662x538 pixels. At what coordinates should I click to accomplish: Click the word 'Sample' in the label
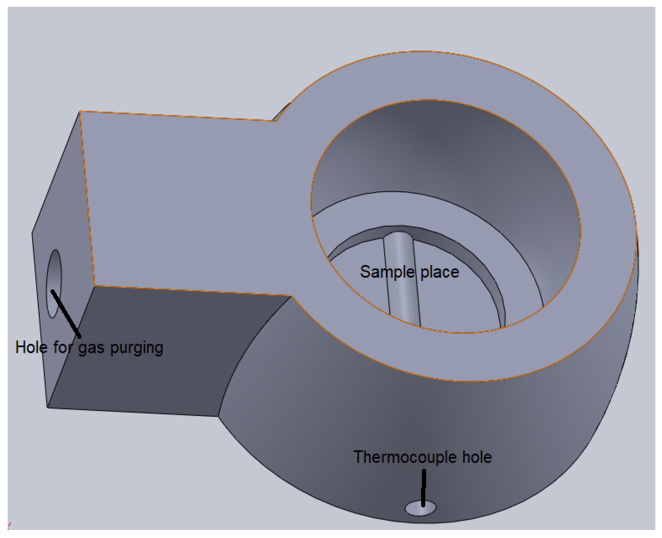pyautogui.click(x=387, y=272)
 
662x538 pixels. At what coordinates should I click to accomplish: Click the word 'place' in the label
pyautogui.click(x=439, y=272)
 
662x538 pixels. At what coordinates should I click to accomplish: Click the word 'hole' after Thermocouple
pyautogui.click(x=477, y=457)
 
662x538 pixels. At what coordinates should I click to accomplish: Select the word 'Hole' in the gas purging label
pyautogui.click(x=31, y=347)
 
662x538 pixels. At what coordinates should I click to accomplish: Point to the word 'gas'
pyautogui.click(x=91, y=348)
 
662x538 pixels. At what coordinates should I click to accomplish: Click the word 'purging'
pyautogui.click(x=137, y=348)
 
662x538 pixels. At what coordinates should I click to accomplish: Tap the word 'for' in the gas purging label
pyautogui.click(x=62, y=347)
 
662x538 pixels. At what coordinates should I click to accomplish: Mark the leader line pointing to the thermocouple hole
pyautogui.click(x=423, y=488)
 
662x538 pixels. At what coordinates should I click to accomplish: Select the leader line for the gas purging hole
pyautogui.click(x=66, y=313)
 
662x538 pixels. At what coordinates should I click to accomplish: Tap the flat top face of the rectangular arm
pyautogui.click(x=187, y=200)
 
